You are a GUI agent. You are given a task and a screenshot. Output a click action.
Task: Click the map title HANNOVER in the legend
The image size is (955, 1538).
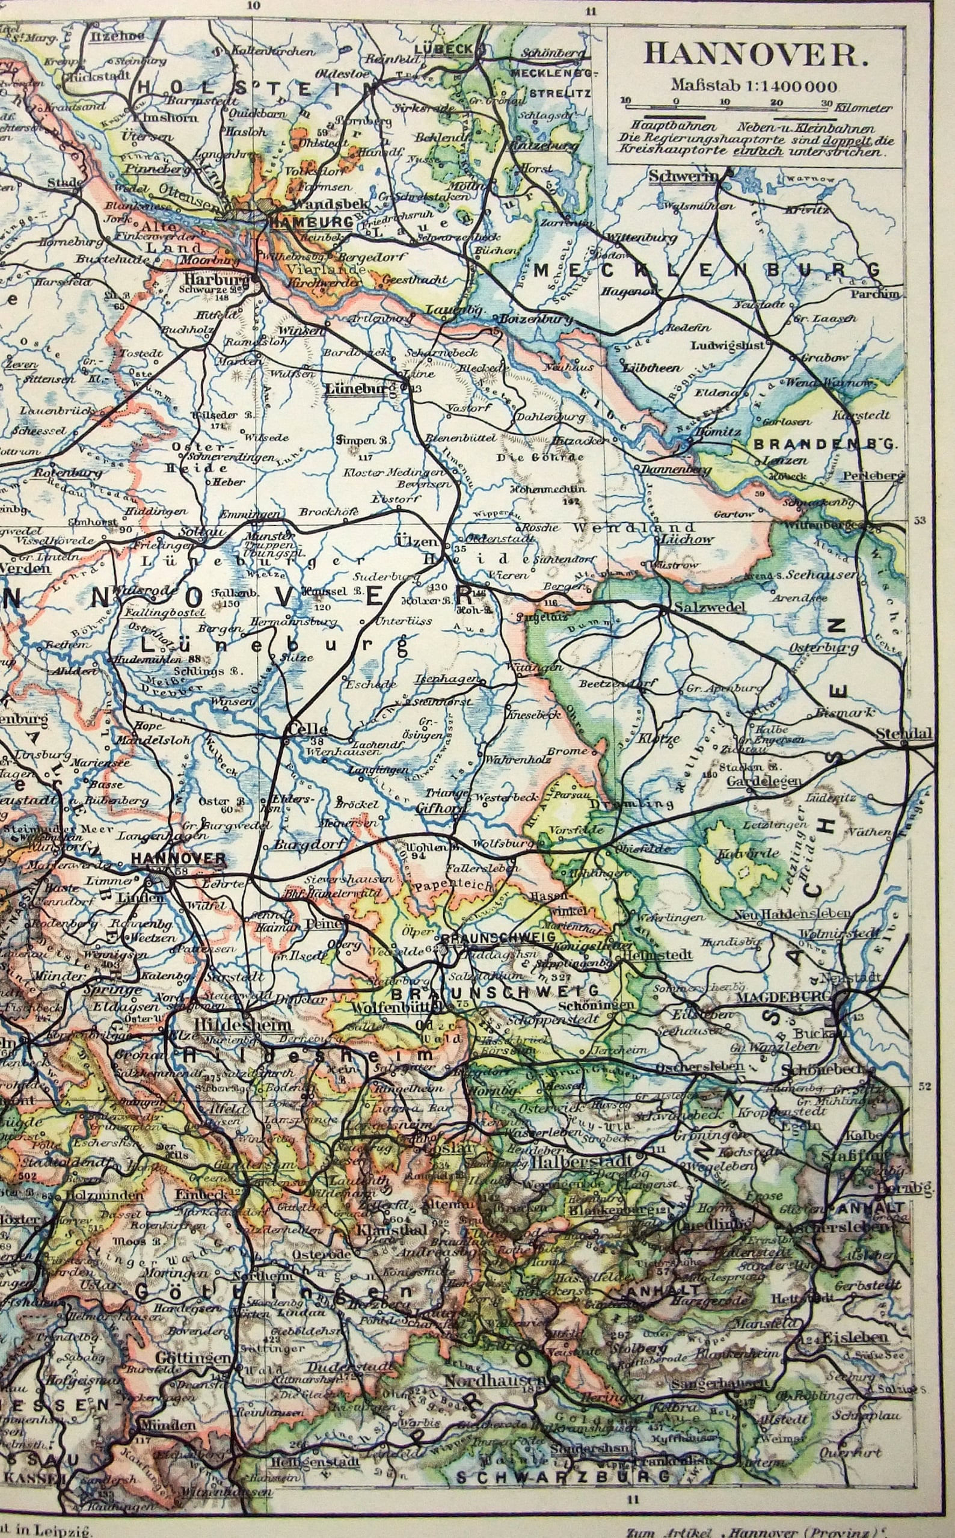(753, 55)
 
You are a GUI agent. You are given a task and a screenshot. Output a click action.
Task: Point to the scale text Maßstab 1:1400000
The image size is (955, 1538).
(754, 86)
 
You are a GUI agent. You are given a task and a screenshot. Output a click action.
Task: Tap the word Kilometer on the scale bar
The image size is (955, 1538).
(864, 108)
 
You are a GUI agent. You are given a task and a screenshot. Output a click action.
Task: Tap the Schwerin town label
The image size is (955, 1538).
(683, 176)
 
